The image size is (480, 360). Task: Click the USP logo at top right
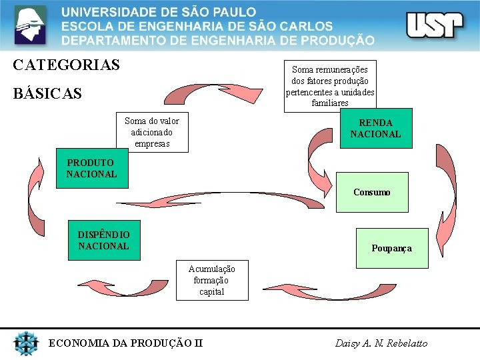click(x=434, y=25)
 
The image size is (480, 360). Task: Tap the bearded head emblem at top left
click(x=31, y=25)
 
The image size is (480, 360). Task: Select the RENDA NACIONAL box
click(x=375, y=129)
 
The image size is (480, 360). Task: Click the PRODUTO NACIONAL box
click(x=91, y=169)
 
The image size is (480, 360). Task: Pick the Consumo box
click(x=371, y=192)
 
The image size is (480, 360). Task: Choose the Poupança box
click(x=391, y=248)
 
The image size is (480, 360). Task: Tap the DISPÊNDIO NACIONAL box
click(x=103, y=240)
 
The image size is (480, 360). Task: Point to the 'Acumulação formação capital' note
click(x=211, y=280)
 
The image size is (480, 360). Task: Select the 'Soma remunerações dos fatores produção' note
click(x=330, y=85)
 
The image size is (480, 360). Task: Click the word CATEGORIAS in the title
click(x=66, y=65)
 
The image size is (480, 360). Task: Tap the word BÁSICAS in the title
click(x=47, y=93)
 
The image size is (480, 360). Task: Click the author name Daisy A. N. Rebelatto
click(x=381, y=343)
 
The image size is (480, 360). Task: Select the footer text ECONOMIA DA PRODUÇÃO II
click(x=125, y=343)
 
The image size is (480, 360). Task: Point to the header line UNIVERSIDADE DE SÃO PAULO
click(x=159, y=12)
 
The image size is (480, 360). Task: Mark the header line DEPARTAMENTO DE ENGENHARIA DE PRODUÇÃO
click(x=218, y=40)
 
